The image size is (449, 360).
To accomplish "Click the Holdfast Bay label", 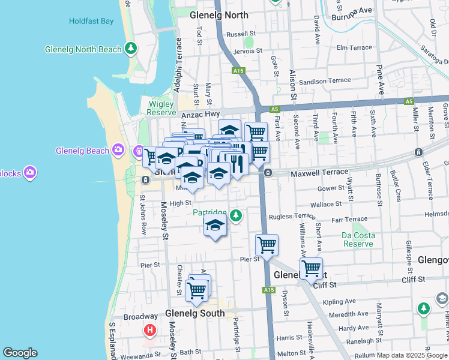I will pyautogui.click(x=91, y=21).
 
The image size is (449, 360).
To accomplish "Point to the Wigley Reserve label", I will pyautogui.click(x=161, y=108).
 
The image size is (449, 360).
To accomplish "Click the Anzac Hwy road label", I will pyautogui.click(x=201, y=114).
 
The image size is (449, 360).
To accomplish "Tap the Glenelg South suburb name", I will pyautogui.click(x=195, y=313).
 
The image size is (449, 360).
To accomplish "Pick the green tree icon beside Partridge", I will pyautogui.click(x=237, y=215).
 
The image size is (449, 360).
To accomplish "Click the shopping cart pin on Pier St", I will pyautogui.click(x=267, y=245).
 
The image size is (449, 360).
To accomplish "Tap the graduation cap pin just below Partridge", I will pyautogui.click(x=215, y=226).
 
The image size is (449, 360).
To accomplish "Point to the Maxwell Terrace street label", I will pyautogui.click(x=319, y=173).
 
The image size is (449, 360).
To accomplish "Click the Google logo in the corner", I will pyautogui.click(x=20, y=353).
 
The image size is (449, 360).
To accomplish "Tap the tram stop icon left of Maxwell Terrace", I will pyautogui.click(x=268, y=173).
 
